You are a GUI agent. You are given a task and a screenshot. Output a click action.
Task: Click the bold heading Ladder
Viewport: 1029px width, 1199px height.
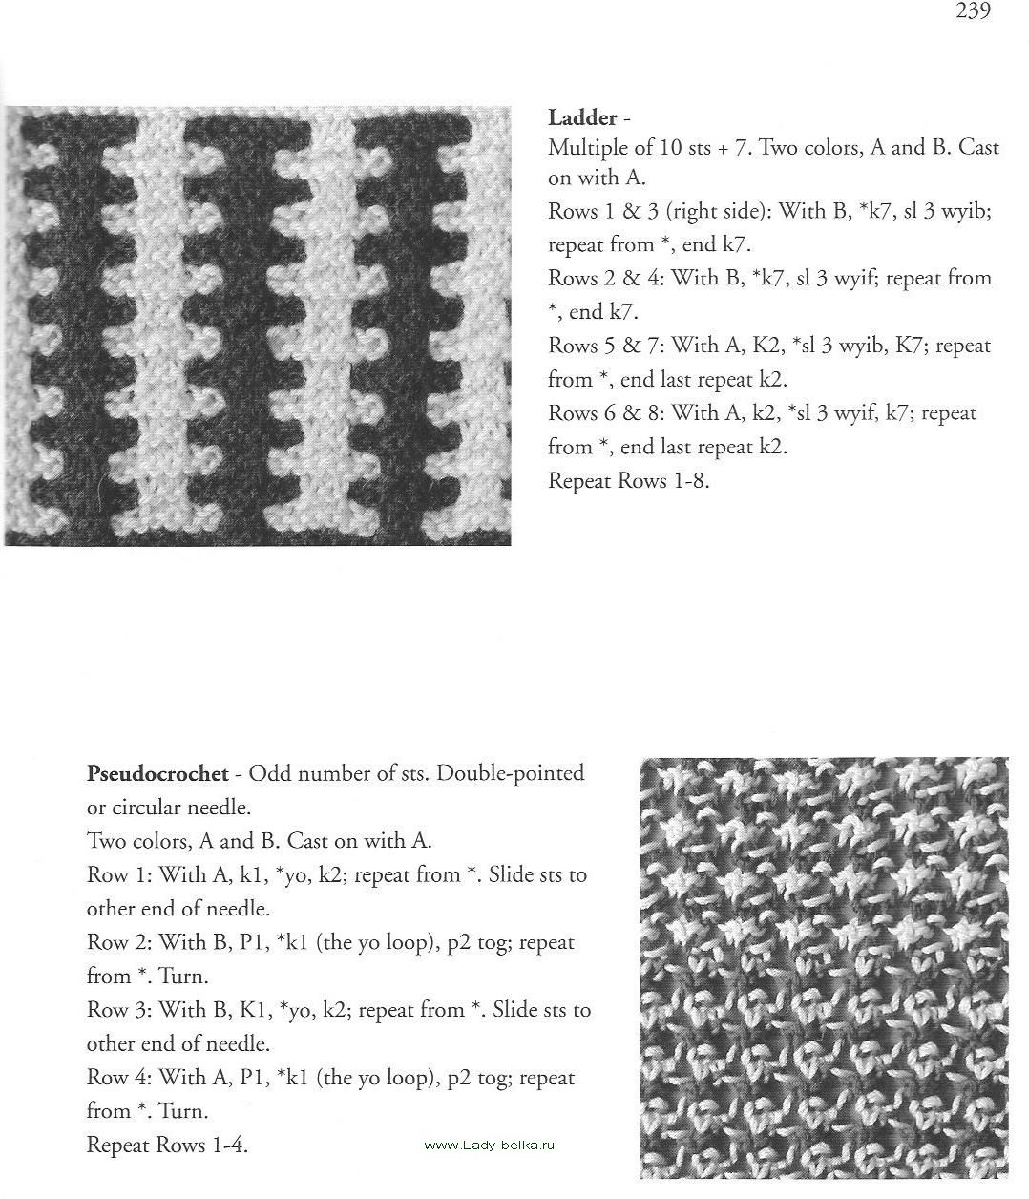coord(582,118)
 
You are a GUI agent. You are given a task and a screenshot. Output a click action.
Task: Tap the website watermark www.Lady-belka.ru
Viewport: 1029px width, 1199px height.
coord(489,1145)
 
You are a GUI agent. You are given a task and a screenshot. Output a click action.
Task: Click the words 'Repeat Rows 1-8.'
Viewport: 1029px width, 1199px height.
coord(628,480)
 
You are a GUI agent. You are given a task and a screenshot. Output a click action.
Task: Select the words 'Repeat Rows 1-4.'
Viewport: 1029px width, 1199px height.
coord(167,1145)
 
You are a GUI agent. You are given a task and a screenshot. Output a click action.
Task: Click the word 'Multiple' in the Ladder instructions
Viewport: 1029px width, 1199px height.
coord(584,148)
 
